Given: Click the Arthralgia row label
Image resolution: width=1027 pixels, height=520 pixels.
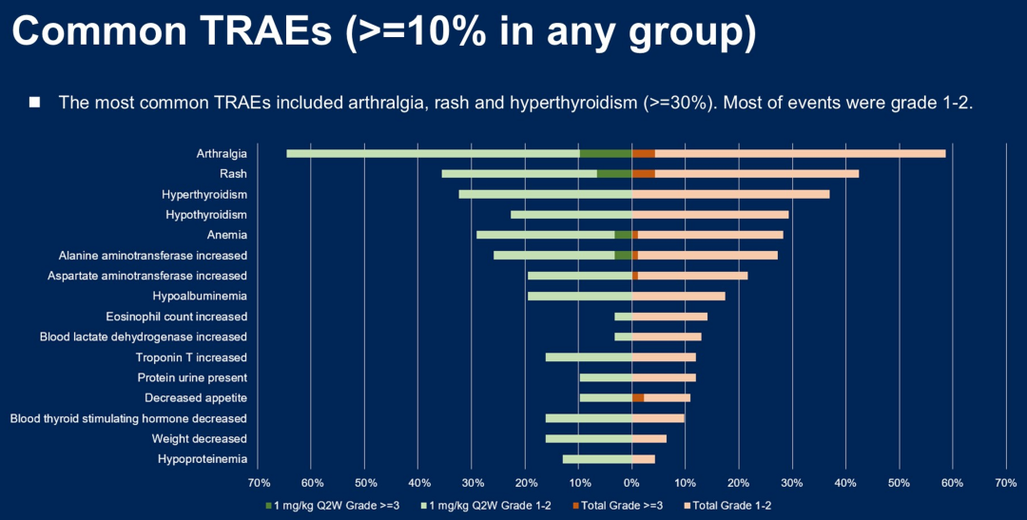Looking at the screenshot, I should click(x=222, y=153).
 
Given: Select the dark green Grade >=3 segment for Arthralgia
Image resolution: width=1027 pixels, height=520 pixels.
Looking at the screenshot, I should click(x=606, y=153).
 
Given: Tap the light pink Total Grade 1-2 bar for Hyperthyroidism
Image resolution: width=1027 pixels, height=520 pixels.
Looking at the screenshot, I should click(x=730, y=194).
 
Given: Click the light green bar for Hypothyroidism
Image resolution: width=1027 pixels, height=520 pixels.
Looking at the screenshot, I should click(x=571, y=215).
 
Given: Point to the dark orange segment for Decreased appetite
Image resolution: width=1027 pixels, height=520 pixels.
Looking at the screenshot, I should click(x=638, y=397).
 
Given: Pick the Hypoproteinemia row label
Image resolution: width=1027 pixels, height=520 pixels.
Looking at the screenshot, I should click(x=203, y=459).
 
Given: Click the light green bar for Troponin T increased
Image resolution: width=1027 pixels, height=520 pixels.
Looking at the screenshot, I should click(x=589, y=357).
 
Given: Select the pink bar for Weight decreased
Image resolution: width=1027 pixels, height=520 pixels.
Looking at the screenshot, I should click(x=649, y=438).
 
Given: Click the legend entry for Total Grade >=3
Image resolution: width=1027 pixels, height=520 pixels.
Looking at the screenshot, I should click(x=619, y=505).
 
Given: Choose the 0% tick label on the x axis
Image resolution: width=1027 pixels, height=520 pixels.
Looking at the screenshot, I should click(x=632, y=483).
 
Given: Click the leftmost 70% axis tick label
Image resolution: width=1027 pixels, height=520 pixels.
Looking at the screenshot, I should click(x=259, y=483).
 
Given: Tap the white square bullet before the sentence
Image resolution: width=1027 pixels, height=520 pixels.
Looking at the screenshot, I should click(x=35, y=102).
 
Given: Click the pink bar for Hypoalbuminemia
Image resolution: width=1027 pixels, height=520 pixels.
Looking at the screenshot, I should click(x=678, y=296).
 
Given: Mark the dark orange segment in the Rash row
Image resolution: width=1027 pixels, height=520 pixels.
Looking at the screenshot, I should click(x=644, y=174).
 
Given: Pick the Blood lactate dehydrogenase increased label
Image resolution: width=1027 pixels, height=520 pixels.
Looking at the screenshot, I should click(x=143, y=337).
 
